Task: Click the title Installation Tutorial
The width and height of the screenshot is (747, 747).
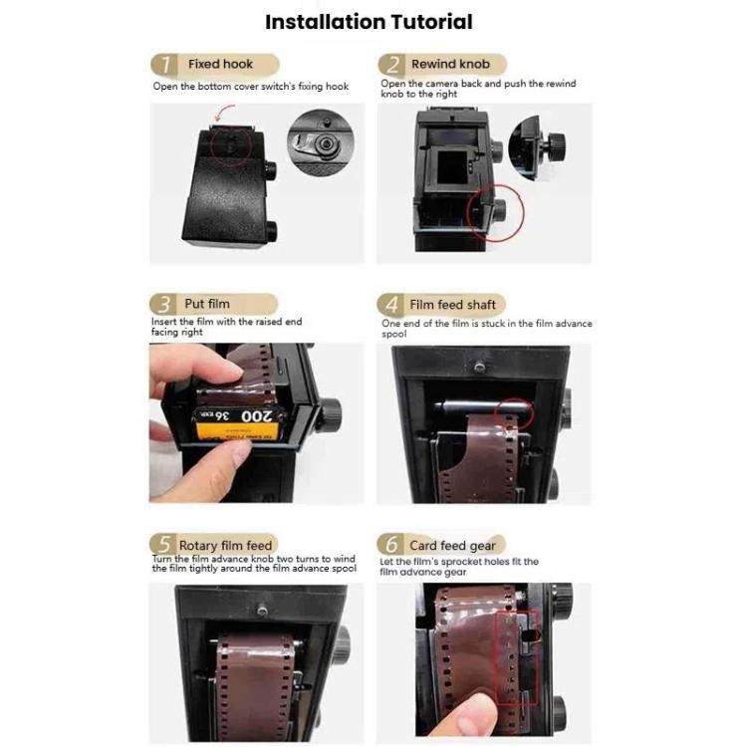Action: tap(369, 21)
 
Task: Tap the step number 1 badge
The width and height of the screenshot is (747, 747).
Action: tap(164, 65)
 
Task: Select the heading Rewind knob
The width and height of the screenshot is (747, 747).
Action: tap(450, 65)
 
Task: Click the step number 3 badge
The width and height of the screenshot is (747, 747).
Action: tap(164, 305)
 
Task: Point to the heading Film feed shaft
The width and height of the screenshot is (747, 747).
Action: tap(452, 305)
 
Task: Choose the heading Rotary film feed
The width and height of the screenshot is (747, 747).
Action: tap(225, 546)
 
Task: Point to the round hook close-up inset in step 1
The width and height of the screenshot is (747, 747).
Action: tap(321, 144)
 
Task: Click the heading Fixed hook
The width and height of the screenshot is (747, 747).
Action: tap(220, 65)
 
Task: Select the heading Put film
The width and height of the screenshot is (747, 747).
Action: tap(207, 305)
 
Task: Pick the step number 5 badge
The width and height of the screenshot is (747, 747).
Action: tap(164, 546)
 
